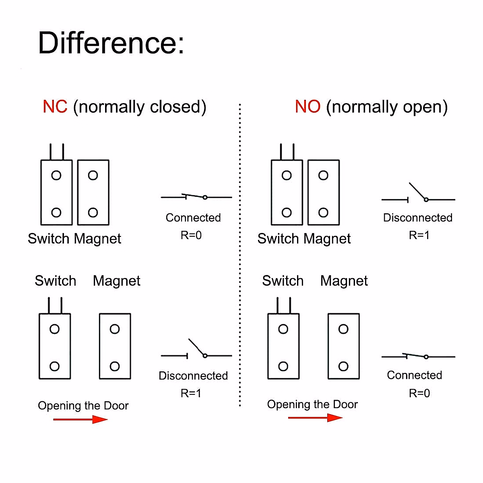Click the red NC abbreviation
pos(55,107)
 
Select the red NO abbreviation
pos(308,107)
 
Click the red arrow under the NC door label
pos(80,419)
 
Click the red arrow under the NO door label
pos(315,418)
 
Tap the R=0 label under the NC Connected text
pos(191,235)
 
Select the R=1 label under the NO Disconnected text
pos(419,235)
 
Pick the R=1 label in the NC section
pos(191,393)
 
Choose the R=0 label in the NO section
pos(419,393)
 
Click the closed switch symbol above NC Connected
pos(196,197)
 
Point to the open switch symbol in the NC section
pos(196,351)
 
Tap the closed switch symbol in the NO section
pos(418,356)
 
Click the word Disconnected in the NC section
pos(193,376)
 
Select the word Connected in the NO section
pos(414,375)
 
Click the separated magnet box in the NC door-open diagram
pos(115,346)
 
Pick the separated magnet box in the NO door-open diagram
pos(343,346)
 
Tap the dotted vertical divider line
pos(240,254)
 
